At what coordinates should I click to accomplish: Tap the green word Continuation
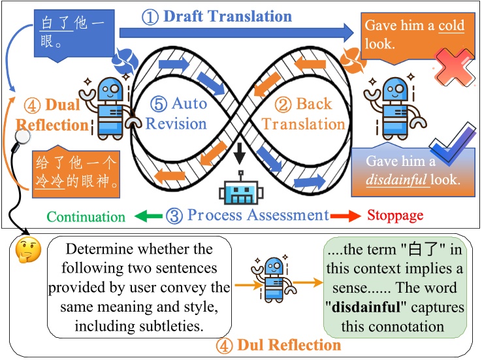(86, 216)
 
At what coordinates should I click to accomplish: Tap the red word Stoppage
(395, 216)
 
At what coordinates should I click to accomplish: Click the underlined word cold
(451, 26)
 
